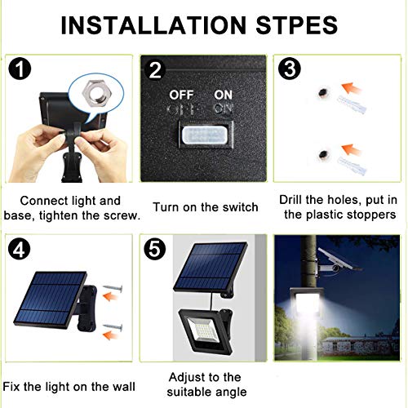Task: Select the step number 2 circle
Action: (155, 69)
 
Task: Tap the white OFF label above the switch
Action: (182, 94)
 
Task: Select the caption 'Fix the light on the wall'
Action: (69, 385)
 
